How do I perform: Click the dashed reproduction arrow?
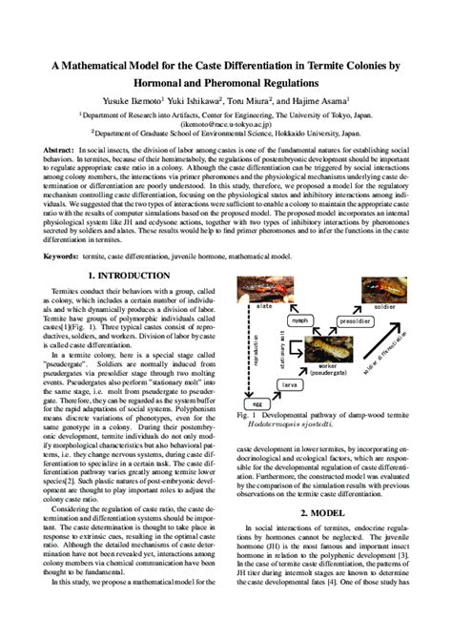pos(256,343)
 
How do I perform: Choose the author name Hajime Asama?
pos(318,98)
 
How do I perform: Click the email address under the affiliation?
pos(226,124)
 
